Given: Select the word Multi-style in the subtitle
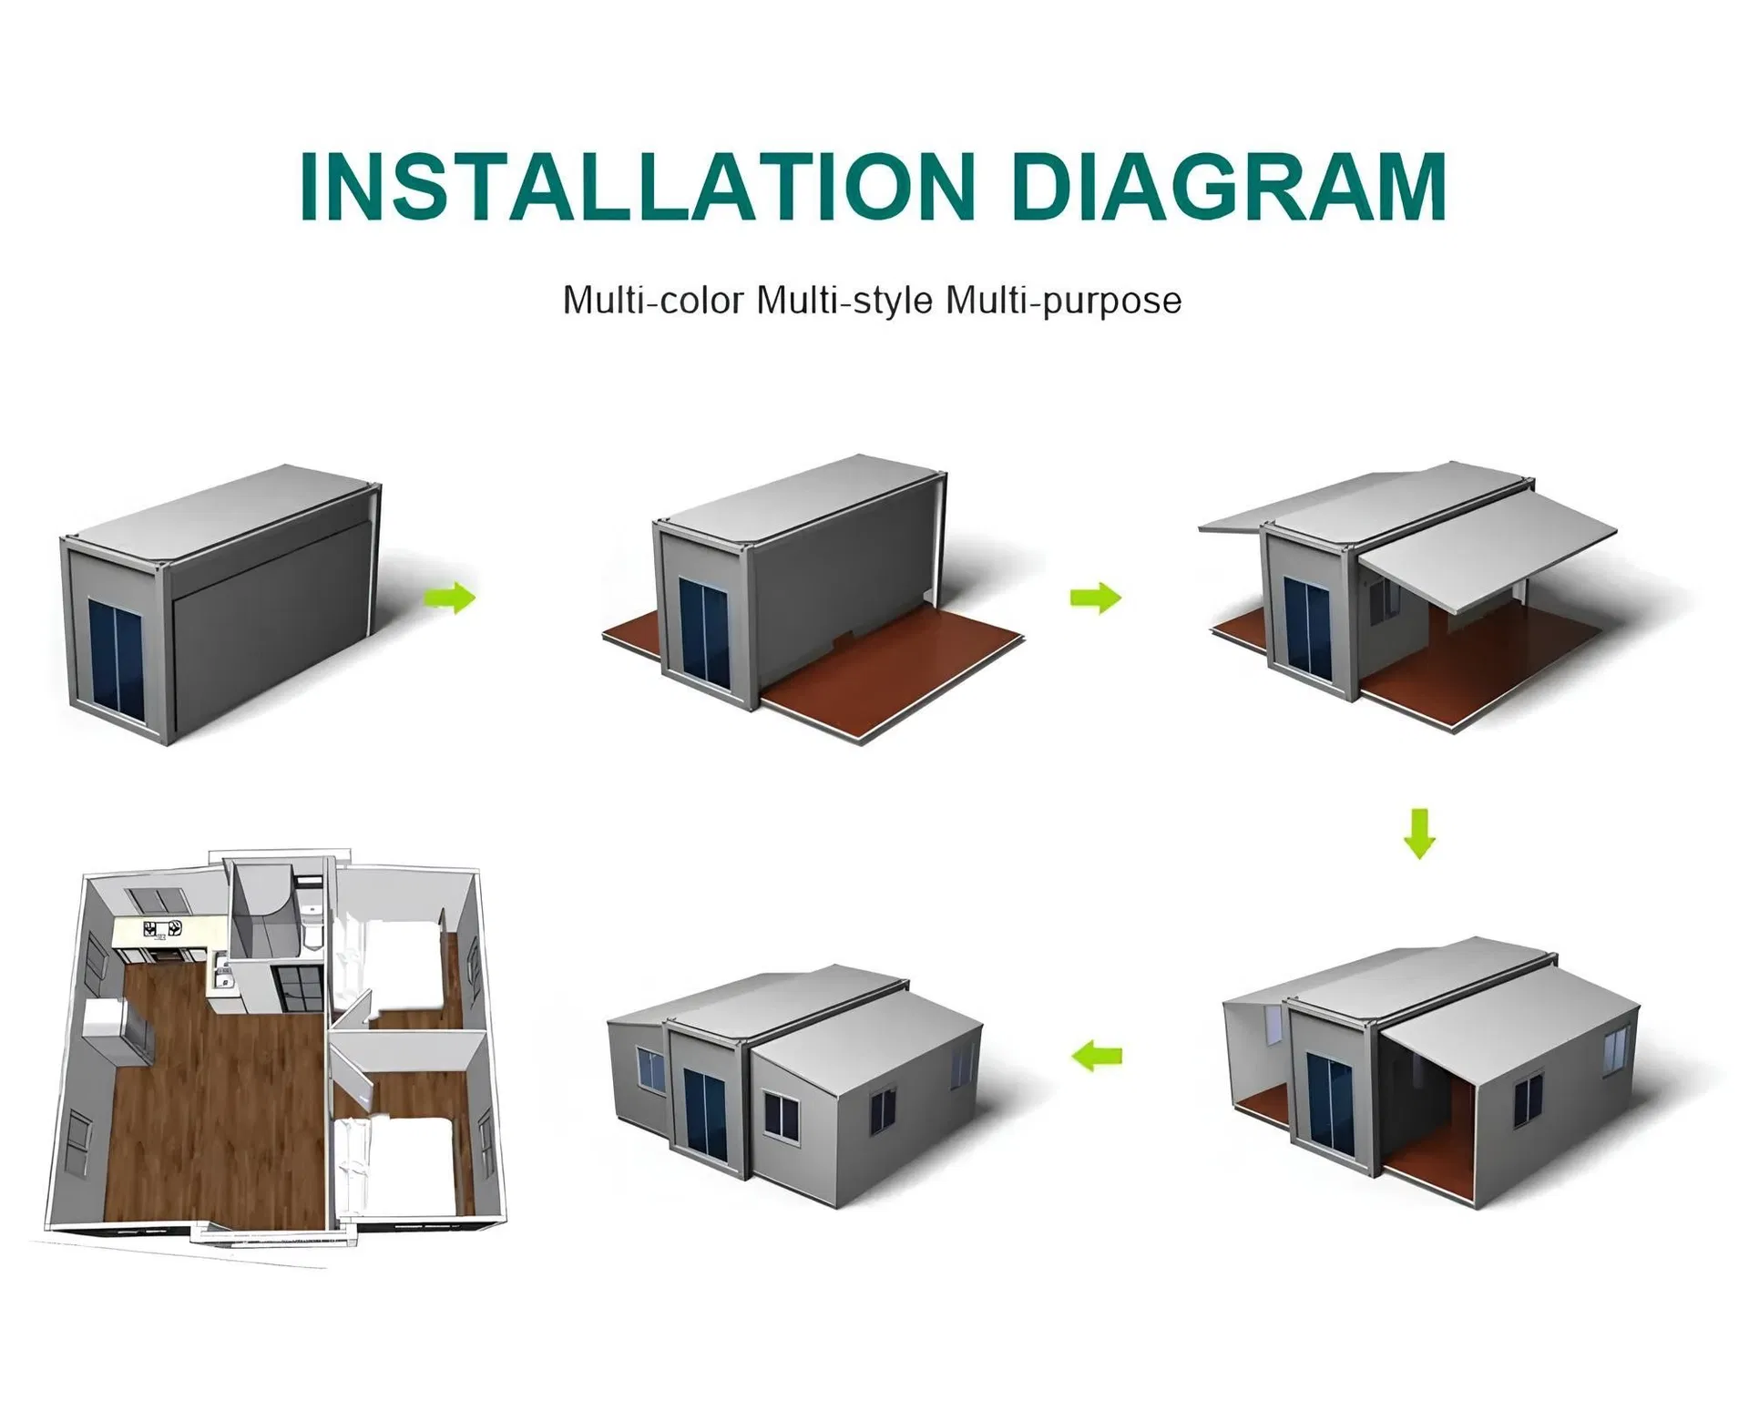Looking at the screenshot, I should coord(844,301).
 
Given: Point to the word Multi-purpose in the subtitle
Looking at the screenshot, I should coord(1063,301).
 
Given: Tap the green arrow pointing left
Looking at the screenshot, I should coord(1097,1057).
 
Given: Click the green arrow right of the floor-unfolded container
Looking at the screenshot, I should coord(1095,598).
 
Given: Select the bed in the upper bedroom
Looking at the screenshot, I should coord(401,966).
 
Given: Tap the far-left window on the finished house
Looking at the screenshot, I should coord(650,1069).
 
